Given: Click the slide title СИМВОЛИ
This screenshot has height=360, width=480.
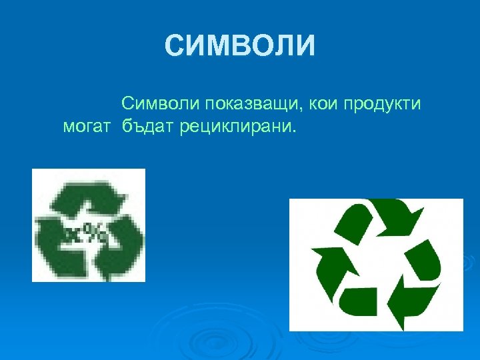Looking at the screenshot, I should [x=239, y=47].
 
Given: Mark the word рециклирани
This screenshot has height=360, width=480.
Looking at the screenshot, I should [x=235, y=127].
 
